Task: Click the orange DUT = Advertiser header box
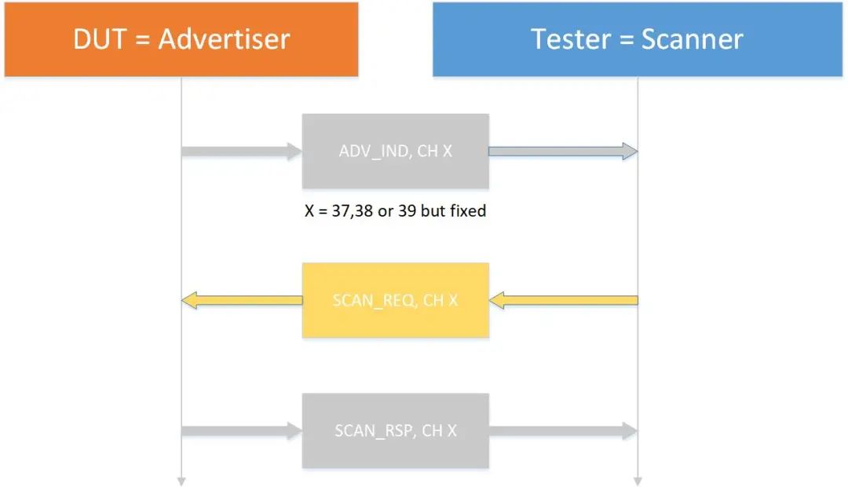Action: pos(181,39)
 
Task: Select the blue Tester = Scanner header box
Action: pos(637,39)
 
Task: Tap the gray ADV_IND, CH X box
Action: pos(395,152)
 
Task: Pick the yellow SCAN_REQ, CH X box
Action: pos(395,301)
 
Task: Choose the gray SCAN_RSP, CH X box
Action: pos(395,430)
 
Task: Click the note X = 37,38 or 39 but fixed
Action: pos(395,211)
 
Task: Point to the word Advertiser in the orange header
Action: pos(225,39)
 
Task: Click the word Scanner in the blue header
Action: pos(692,39)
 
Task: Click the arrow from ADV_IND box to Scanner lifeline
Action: pos(562,152)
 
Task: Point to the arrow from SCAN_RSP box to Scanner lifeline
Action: pos(562,430)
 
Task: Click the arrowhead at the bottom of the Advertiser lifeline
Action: pos(181,481)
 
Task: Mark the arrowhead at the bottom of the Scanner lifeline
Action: pos(637,481)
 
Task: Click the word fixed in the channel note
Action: pos(469,211)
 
